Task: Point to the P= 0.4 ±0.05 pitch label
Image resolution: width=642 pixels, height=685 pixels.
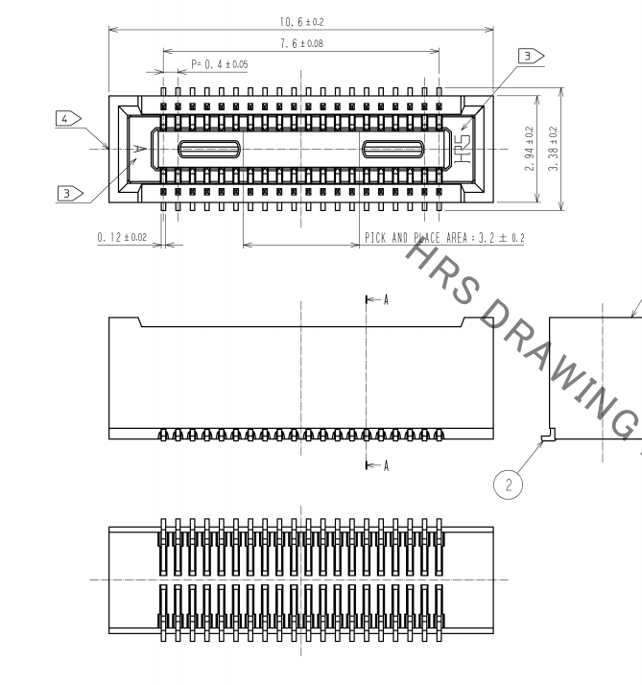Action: [x=220, y=64]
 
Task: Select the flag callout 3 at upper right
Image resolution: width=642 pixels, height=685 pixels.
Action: [x=530, y=57]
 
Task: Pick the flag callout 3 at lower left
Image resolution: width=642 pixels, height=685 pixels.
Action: [x=68, y=193]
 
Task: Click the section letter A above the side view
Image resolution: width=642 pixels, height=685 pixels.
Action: [x=386, y=300]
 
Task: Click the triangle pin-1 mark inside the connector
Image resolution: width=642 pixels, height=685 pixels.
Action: [x=140, y=148]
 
